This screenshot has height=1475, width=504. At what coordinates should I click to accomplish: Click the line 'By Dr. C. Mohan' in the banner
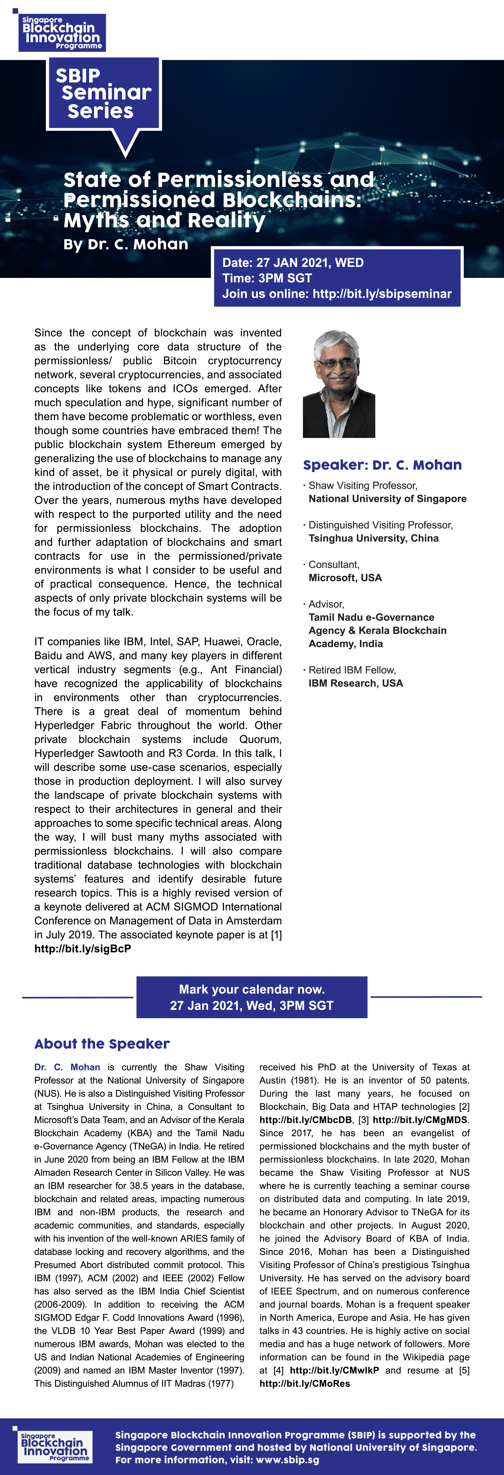(126, 244)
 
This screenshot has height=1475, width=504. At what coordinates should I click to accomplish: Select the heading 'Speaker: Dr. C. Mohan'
(382, 465)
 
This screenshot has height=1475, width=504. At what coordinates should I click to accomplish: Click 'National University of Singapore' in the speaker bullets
(387, 499)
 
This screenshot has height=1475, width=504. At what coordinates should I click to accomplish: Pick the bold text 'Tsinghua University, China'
(373, 538)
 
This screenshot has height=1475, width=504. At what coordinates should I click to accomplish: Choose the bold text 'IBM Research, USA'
(356, 683)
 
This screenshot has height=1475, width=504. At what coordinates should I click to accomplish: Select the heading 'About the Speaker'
(102, 1044)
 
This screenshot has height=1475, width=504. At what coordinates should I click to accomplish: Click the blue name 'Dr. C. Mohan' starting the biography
(67, 1067)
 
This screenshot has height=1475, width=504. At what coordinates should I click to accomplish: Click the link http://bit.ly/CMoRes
(305, 1383)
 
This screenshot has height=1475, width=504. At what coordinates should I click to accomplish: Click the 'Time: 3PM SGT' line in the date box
(267, 278)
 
